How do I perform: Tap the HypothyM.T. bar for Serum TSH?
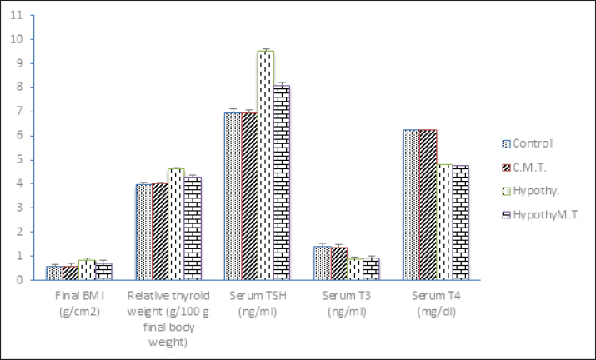(x=281, y=182)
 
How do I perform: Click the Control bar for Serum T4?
(x=411, y=205)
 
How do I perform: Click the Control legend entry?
(x=530, y=142)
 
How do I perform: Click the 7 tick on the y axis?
(x=19, y=112)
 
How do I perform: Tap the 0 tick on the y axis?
(x=19, y=280)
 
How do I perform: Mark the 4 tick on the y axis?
(x=19, y=183)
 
